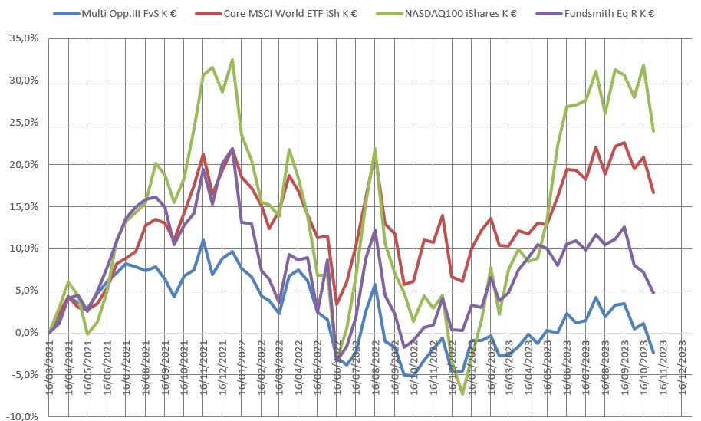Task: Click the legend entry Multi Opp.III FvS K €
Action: tap(131, 13)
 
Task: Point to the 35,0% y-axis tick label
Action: tap(21, 38)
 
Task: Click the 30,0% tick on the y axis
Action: tap(21, 81)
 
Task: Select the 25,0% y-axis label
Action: tap(21, 123)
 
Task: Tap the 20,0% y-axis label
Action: tap(21, 165)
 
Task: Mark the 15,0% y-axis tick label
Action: tap(21, 207)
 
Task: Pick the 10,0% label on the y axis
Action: tap(21, 249)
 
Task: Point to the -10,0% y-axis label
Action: tap(20, 416)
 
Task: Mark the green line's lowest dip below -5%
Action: tap(462, 394)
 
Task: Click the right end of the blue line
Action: tap(653, 352)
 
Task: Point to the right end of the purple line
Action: tap(653, 293)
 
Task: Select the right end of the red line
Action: tap(653, 192)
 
